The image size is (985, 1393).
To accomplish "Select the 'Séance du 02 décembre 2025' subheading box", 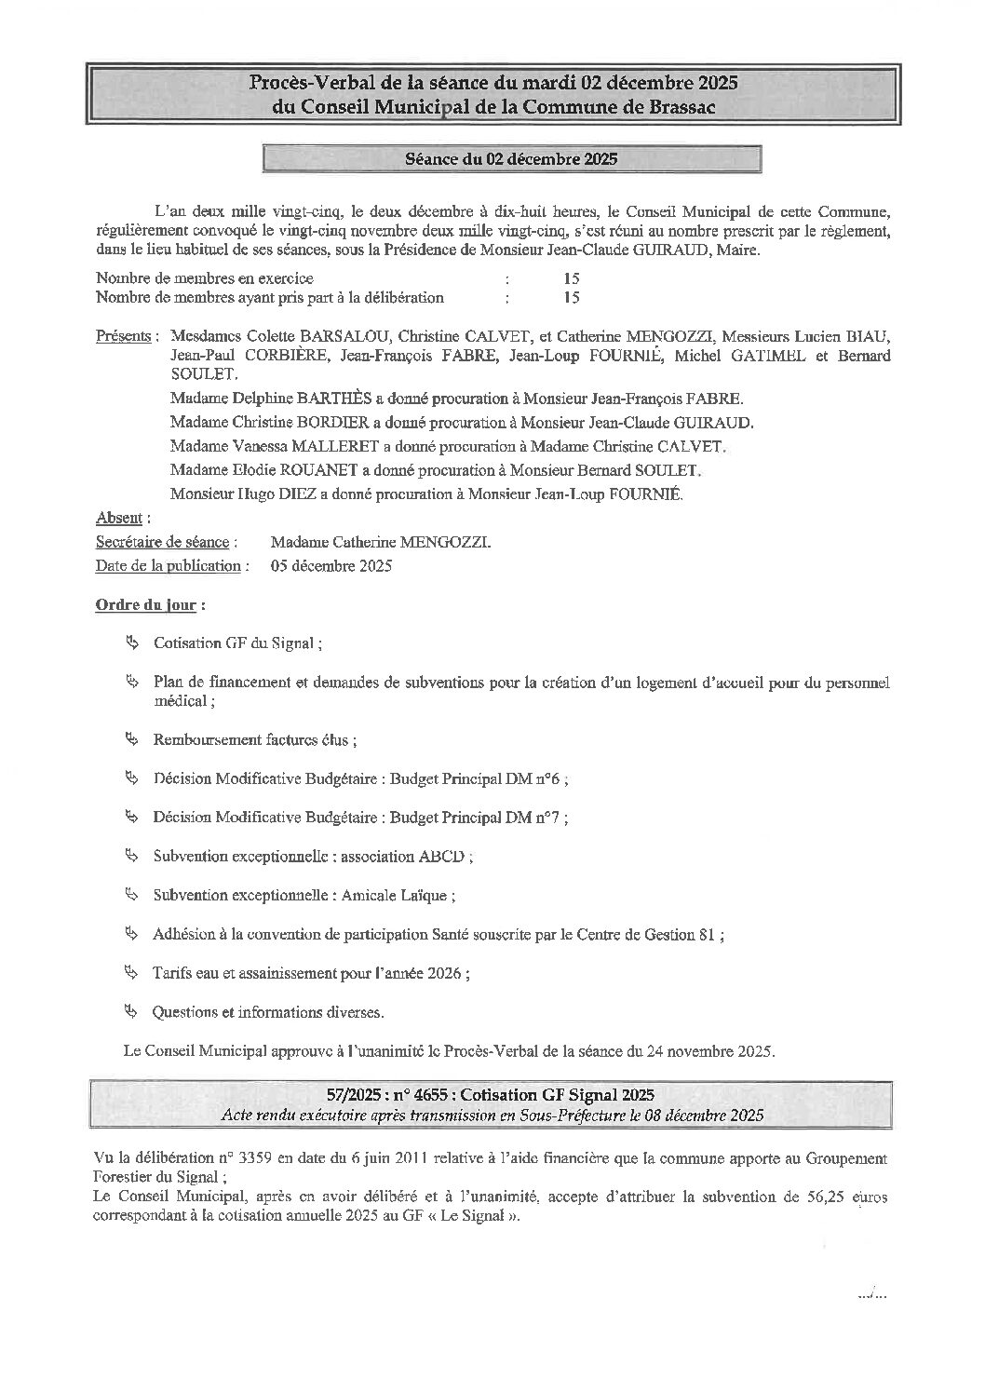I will tap(512, 159).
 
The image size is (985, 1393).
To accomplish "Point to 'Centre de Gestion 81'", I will tap(645, 935).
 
